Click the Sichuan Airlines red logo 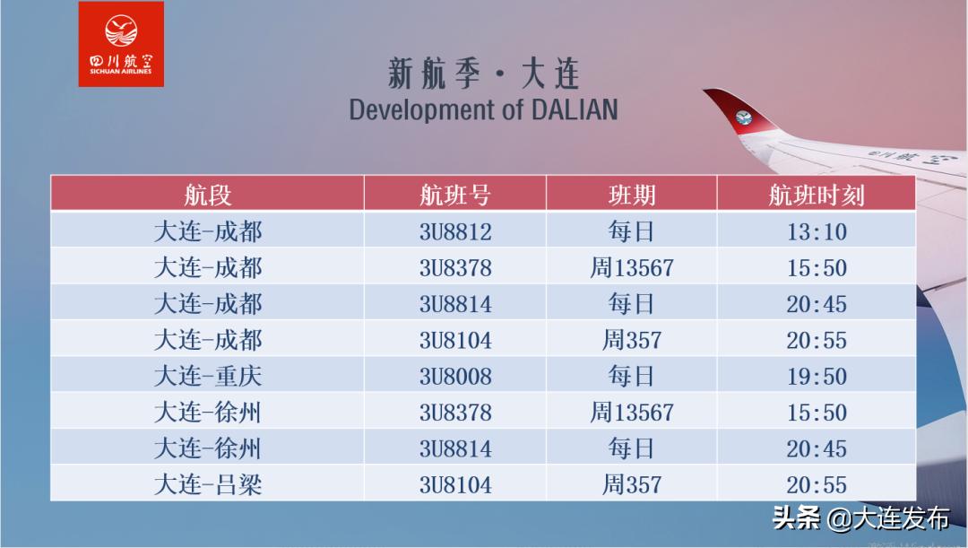pos(121,44)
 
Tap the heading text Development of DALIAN pos(483,109)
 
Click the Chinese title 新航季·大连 pos(483,74)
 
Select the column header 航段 pos(208,195)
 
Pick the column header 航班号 pos(455,195)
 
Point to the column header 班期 pos(632,195)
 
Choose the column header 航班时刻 pos(817,195)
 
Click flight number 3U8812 pos(455,232)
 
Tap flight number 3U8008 pos(455,377)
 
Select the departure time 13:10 pos(817,232)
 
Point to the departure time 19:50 pos(817,377)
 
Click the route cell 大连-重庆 pos(208,377)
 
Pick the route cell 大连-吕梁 pos(208,485)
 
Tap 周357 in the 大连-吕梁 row pos(632,485)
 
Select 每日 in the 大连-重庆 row pos(632,377)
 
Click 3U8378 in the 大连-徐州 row pos(455,413)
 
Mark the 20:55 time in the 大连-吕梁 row pos(817,485)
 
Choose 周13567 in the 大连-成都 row pos(632,268)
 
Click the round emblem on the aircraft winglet pos(744,117)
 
